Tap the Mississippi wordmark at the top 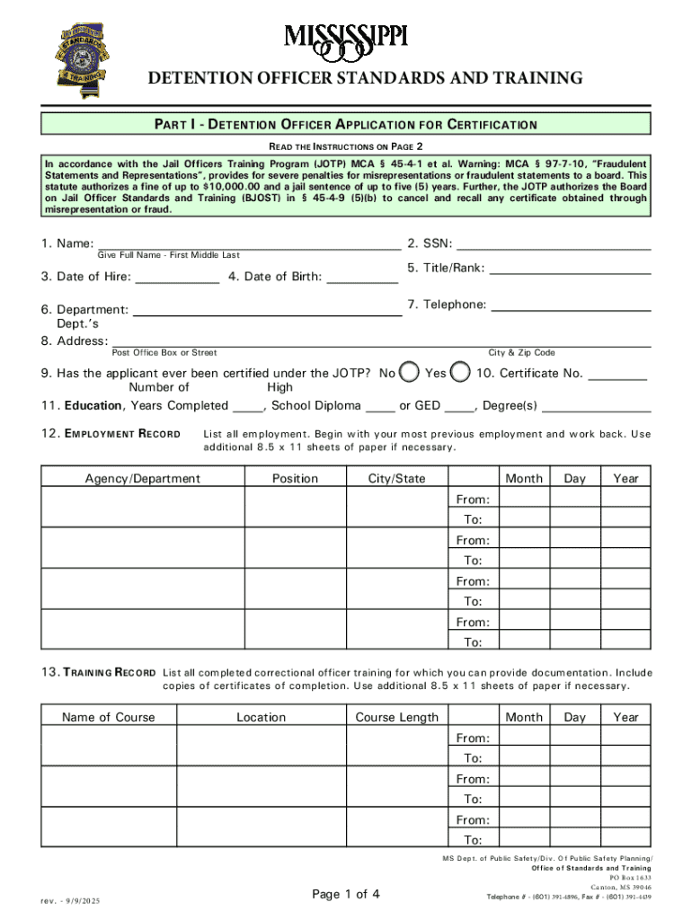[x=346, y=38]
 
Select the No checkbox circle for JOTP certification [x=409, y=372]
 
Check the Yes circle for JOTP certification [x=460, y=372]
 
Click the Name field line [x=249, y=243]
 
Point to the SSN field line [x=554, y=243]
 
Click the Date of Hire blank [x=177, y=277]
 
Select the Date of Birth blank [x=362, y=277]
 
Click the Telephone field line [x=572, y=305]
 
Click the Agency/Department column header [x=142, y=479]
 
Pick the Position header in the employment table [x=295, y=479]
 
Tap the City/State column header [x=397, y=479]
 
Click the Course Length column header [x=397, y=717]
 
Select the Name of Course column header [x=108, y=717]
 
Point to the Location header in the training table [x=261, y=717]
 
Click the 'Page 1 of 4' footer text [x=346, y=894]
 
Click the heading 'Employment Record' [x=111, y=434]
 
